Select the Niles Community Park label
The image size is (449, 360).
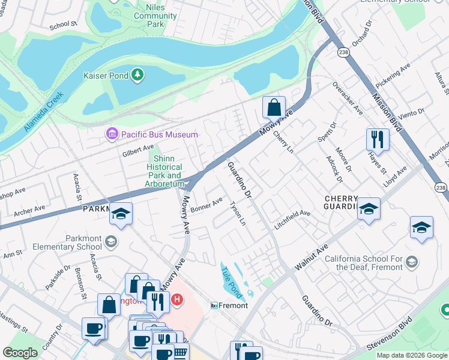click(148, 16)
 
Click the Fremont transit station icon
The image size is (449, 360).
click(213, 305)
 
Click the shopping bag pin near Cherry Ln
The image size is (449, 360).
click(274, 108)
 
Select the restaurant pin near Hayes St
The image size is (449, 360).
click(378, 139)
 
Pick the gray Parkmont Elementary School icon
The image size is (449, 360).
click(110, 241)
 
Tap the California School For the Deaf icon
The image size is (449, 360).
click(412, 262)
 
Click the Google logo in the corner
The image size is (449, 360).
click(20, 353)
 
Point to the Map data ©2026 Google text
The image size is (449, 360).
click(411, 355)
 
